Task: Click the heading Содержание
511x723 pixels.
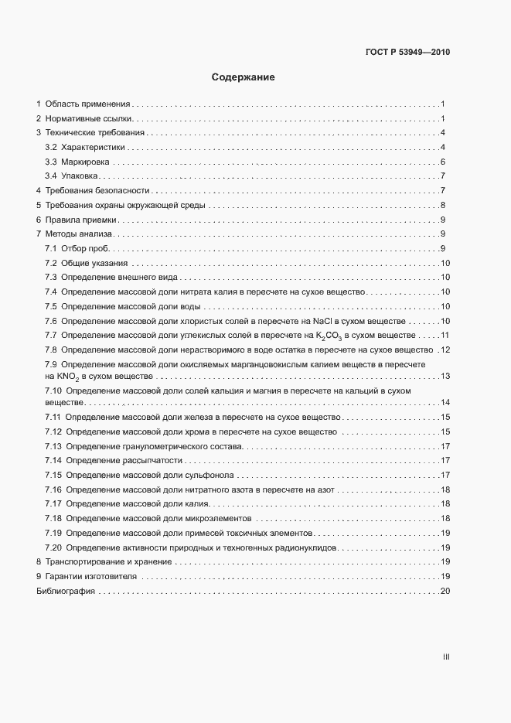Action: click(244, 77)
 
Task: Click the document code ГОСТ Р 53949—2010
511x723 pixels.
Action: click(407, 53)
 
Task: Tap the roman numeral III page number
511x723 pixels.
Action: click(446, 656)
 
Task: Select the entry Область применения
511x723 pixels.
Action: click(87, 104)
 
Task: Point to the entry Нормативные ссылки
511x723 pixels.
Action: click(89, 118)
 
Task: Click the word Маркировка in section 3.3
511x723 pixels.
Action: click(86, 162)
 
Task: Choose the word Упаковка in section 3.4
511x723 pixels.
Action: click(81, 176)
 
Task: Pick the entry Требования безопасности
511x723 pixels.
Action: click(97, 191)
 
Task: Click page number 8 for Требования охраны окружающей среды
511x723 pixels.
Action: click(443, 205)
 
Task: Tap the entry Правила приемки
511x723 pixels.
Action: click(81, 220)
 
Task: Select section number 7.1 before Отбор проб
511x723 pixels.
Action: click(51, 248)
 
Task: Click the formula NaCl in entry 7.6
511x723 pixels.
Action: click(323, 321)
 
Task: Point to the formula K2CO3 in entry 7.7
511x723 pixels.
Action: click(329, 336)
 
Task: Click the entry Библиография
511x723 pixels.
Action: click(65, 591)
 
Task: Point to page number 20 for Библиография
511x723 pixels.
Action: click(445, 591)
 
